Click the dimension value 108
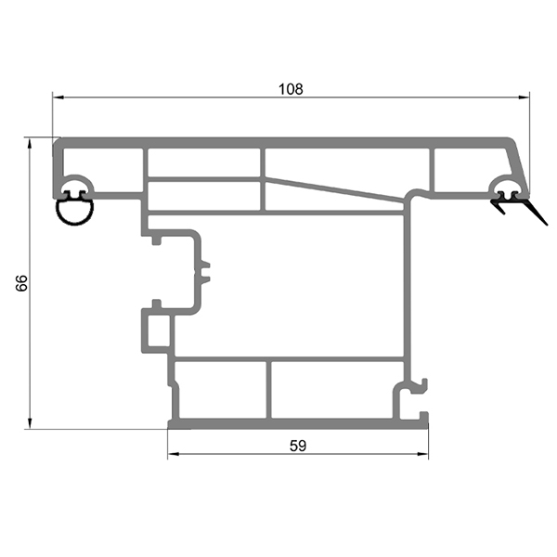point(291,89)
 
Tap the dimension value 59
point(297,445)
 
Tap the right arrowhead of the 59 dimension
point(425,456)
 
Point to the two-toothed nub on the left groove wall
point(206,271)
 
